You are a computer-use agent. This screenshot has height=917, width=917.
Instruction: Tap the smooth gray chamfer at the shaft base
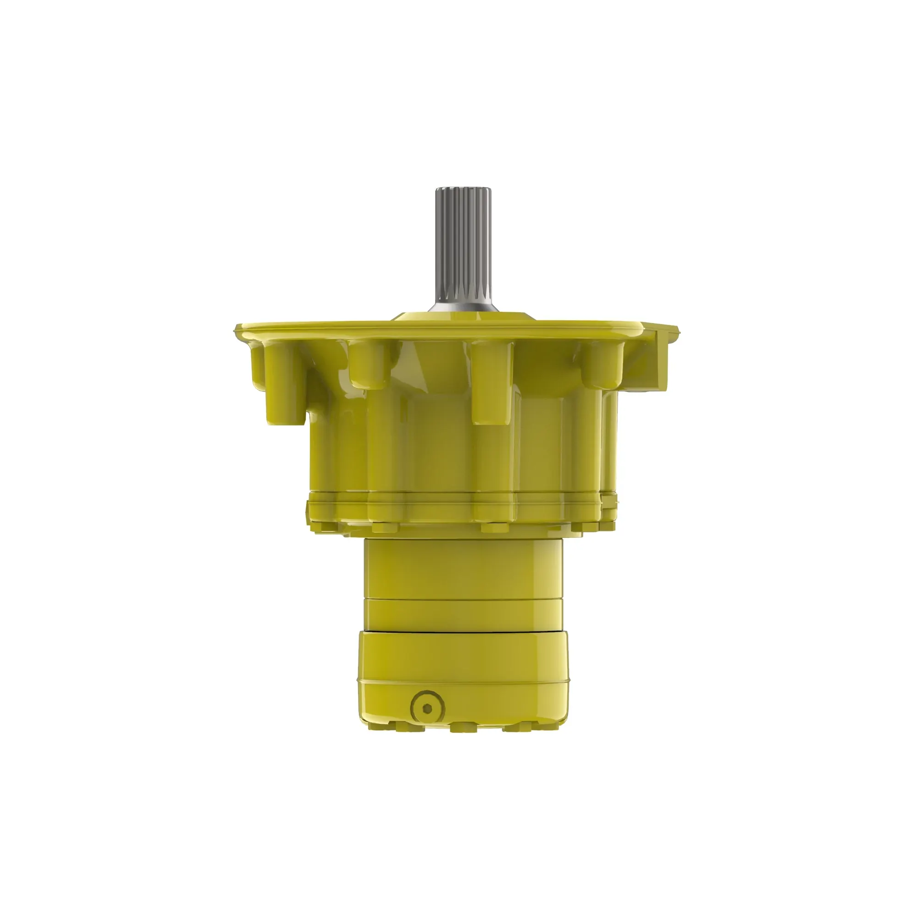pos(463,307)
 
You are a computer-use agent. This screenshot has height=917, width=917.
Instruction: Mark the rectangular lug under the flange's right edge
pos(660,361)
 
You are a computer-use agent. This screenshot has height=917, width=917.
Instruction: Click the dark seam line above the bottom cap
pos(463,632)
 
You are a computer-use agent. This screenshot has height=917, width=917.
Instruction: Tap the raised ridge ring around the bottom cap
pos(463,682)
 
